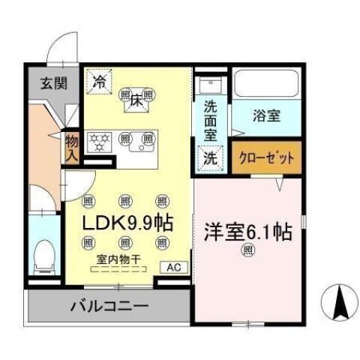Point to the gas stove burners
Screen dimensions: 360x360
coord(100,139)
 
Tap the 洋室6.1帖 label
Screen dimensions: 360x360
coord(244,231)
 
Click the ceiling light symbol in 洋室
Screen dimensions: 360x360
coord(247,253)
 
